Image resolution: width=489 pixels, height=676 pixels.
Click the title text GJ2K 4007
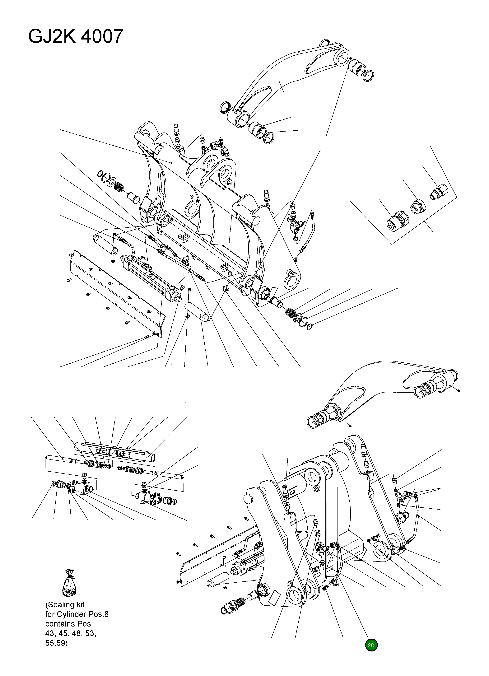coord(75,37)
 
